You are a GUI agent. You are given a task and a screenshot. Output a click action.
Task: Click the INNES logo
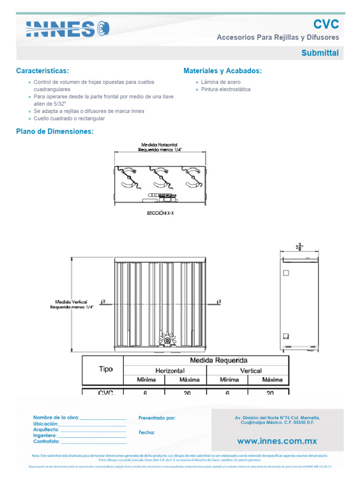[x=67, y=29]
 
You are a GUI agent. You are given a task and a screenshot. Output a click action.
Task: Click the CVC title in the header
[x=326, y=24]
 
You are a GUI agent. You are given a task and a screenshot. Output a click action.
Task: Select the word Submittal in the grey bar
[x=320, y=53]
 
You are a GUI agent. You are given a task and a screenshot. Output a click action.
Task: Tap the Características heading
[x=42, y=71]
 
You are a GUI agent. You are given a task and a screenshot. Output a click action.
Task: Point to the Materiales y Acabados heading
[x=223, y=71]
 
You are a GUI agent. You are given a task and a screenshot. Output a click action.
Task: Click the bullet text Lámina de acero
[x=221, y=82]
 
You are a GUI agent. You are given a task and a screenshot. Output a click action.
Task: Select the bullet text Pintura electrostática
[x=225, y=89]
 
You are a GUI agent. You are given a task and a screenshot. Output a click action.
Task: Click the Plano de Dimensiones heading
[x=55, y=132]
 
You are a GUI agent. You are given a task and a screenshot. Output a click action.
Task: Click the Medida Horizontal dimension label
[x=160, y=147]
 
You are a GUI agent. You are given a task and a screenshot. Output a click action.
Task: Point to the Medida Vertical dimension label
[x=72, y=305]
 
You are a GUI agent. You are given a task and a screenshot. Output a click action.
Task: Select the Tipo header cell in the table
[x=106, y=369]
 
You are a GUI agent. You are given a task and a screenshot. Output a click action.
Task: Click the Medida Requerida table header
[x=218, y=360]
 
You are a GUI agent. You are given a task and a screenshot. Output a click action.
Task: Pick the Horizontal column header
[x=170, y=370]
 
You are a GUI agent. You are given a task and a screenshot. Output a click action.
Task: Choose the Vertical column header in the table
[x=251, y=370]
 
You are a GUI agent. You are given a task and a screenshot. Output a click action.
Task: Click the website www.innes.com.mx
[x=277, y=441]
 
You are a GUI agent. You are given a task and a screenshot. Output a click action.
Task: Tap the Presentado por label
[x=157, y=418]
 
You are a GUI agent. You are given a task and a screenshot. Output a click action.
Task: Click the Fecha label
[x=147, y=433]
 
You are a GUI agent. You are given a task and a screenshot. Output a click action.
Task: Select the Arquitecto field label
[x=46, y=429]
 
